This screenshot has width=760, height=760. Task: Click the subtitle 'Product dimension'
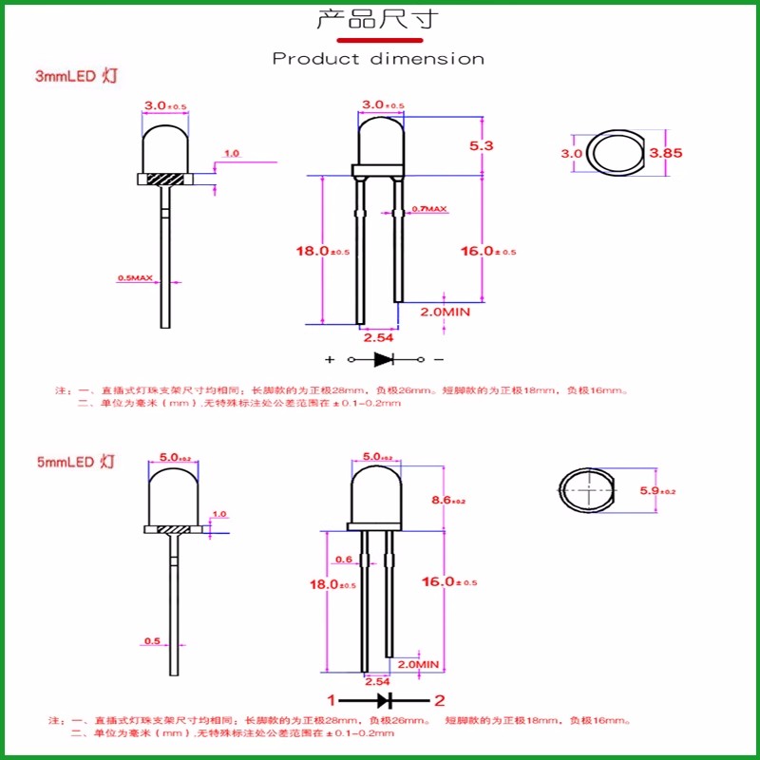point(378,59)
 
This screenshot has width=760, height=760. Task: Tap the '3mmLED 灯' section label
point(76,76)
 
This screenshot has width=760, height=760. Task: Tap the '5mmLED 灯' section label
point(76,463)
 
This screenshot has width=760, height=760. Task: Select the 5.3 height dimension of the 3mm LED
point(482,146)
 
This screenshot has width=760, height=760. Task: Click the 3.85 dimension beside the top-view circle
point(666,152)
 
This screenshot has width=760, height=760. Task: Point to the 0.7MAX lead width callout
point(428,208)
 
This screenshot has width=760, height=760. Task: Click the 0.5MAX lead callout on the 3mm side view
point(135,278)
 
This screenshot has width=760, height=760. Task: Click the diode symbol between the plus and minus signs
point(384,360)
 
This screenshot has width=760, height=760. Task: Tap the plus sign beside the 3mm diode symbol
point(330,361)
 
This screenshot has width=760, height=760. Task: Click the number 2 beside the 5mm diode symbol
point(439,701)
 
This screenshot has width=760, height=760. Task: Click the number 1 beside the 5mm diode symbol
point(332,701)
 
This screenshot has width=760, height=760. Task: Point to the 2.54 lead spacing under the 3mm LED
point(378,336)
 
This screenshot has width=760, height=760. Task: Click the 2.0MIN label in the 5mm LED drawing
point(420,664)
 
